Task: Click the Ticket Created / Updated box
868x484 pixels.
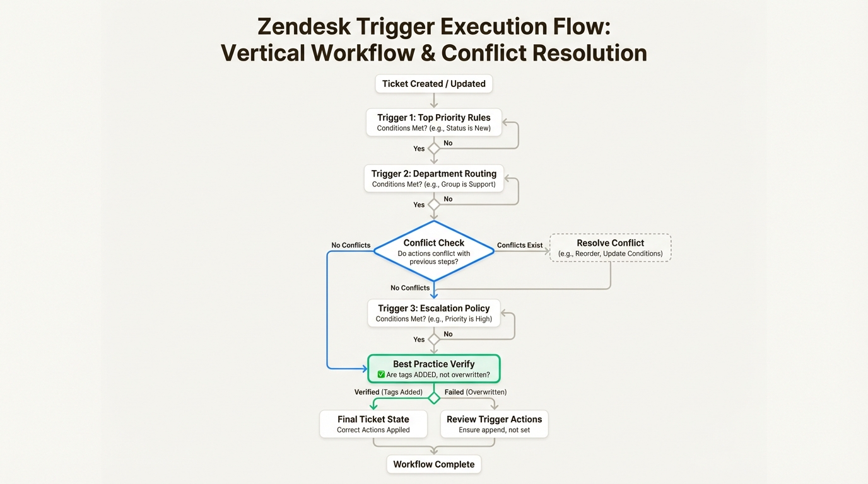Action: pyautogui.click(x=433, y=84)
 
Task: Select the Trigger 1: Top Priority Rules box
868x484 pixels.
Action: pyautogui.click(x=433, y=122)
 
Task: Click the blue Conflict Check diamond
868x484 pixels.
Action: pyautogui.click(x=433, y=251)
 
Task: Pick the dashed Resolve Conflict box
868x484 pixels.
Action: pyautogui.click(x=610, y=248)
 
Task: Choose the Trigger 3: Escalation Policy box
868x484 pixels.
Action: pyautogui.click(x=433, y=313)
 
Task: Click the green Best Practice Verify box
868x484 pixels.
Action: pyautogui.click(x=433, y=369)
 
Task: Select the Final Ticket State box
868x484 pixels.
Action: pyautogui.click(x=373, y=423)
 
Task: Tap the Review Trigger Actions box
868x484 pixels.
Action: pyautogui.click(x=494, y=423)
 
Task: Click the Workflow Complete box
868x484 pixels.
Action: pyautogui.click(x=433, y=464)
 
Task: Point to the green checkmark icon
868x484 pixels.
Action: pyautogui.click(x=381, y=375)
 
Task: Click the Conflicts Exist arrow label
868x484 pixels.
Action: pyautogui.click(x=520, y=245)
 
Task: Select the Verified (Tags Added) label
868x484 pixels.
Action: pyautogui.click(x=388, y=392)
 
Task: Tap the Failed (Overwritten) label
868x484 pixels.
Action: pyautogui.click(x=475, y=392)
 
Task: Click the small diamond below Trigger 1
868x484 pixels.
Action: pyautogui.click(x=433, y=149)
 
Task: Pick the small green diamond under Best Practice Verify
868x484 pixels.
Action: pyautogui.click(x=433, y=398)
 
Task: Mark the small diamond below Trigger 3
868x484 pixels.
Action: pyautogui.click(x=433, y=340)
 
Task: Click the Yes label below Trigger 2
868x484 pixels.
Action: pyautogui.click(x=419, y=205)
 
